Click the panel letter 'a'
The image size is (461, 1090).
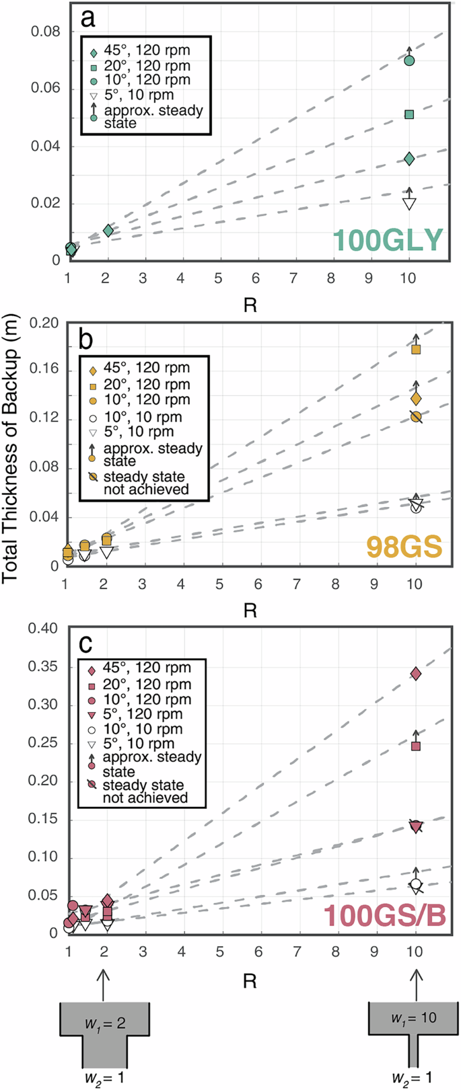(88, 18)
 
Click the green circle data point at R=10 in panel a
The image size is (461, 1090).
(409, 61)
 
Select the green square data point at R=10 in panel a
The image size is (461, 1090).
(409, 114)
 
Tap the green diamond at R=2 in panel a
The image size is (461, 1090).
(108, 231)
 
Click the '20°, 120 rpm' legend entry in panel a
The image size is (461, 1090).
(147, 66)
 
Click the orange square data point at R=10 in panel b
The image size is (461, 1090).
(416, 349)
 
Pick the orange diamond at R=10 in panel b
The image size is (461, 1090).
(416, 399)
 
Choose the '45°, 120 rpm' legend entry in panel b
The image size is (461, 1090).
(147, 368)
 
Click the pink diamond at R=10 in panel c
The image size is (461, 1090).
(416, 674)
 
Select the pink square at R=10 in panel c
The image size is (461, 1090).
(416, 746)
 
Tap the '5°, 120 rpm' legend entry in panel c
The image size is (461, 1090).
(142, 714)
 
